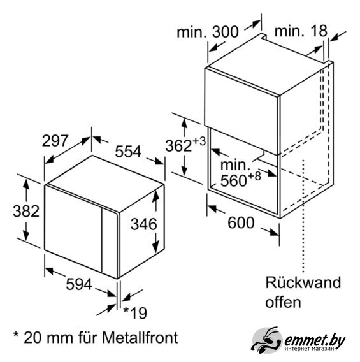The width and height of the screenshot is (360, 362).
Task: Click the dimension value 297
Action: (x=55, y=141)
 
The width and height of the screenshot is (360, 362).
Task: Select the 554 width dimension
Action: (x=128, y=152)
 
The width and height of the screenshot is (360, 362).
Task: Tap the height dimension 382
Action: (x=26, y=211)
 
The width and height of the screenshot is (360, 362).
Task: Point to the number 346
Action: (x=144, y=224)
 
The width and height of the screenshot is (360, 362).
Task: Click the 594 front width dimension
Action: (x=79, y=284)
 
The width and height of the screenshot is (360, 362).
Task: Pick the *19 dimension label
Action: (x=135, y=313)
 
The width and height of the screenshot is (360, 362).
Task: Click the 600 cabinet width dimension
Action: (x=241, y=223)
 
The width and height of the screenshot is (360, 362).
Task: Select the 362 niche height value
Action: (x=178, y=146)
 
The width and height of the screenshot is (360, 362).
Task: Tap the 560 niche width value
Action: (x=234, y=180)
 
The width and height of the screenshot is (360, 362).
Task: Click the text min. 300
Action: (x=208, y=32)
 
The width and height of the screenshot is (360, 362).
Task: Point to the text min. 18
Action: (x=301, y=31)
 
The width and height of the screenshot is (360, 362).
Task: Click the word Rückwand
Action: (x=303, y=282)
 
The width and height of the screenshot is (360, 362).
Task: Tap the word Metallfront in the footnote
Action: (x=140, y=337)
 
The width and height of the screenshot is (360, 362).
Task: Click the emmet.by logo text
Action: (x=315, y=340)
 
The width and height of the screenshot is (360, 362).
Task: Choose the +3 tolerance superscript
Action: (x=199, y=141)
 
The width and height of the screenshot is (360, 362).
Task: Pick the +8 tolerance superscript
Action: (x=254, y=176)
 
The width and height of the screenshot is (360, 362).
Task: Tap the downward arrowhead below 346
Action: (x=156, y=247)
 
